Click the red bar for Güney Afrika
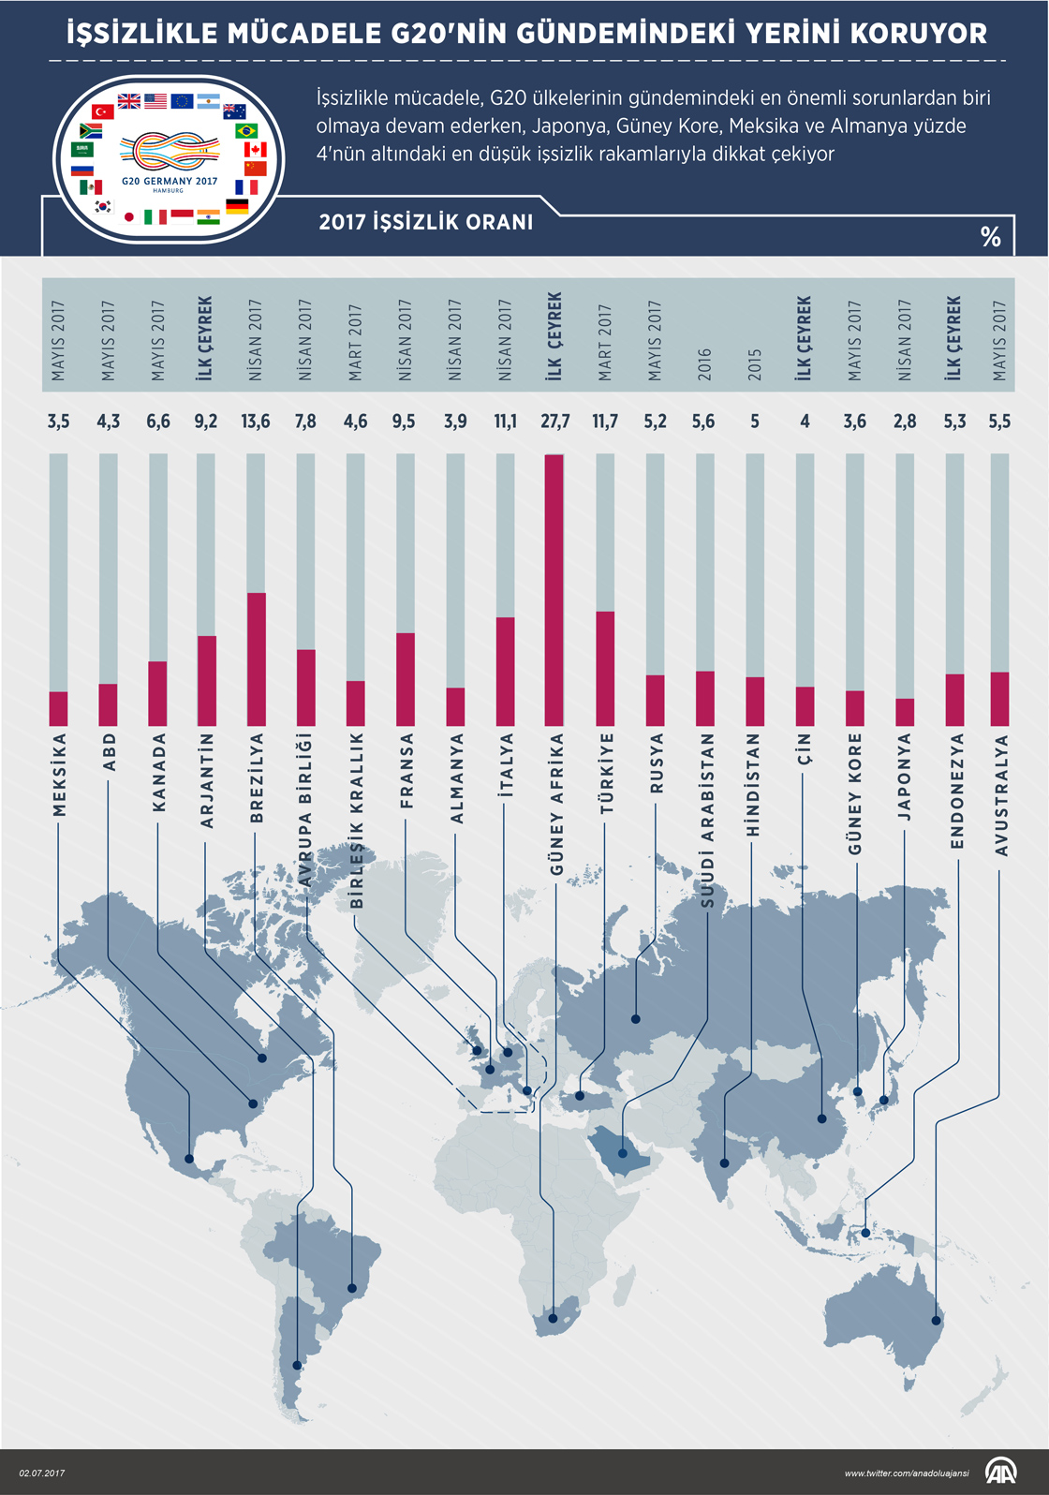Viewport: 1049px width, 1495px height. point(554,590)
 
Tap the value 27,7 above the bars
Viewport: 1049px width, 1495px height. point(554,422)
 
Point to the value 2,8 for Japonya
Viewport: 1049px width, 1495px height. point(905,422)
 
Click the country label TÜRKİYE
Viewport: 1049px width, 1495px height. point(606,774)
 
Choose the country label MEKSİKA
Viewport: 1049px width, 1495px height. point(59,775)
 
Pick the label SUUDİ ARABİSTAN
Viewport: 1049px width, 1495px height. point(707,820)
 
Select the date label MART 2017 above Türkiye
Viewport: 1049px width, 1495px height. point(605,342)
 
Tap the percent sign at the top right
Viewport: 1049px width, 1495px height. point(990,236)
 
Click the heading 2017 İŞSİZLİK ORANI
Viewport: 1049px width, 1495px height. point(426,222)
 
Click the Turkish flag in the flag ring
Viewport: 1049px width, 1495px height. point(103,111)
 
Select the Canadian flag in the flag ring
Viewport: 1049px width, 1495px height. point(256,150)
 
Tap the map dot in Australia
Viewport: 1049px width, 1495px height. point(935,1321)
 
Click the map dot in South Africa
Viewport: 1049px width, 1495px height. point(554,1319)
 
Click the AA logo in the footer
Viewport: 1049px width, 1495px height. point(999,1472)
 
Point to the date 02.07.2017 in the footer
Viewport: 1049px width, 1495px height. point(42,1473)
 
